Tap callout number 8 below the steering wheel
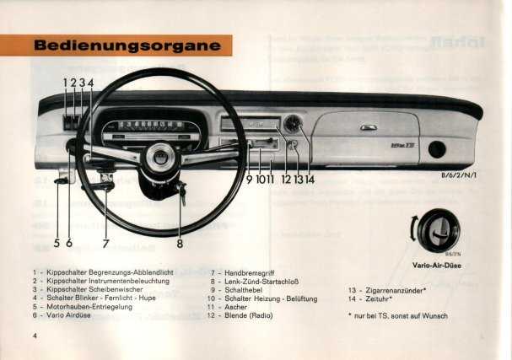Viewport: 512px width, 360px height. click(x=180, y=244)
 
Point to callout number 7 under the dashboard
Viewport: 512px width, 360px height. click(x=106, y=244)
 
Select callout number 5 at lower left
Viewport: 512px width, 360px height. click(x=57, y=244)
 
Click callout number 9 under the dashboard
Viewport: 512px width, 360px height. click(x=250, y=179)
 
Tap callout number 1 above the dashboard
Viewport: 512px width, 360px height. click(x=65, y=83)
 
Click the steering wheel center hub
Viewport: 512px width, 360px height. click(x=159, y=157)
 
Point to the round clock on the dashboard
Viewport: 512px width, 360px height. click(x=293, y=124)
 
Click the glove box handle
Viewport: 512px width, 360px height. click(x=369, y=128)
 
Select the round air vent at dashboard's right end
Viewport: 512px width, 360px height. click(x=437, y=149)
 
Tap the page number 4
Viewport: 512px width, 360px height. click(x=35, y=336)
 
